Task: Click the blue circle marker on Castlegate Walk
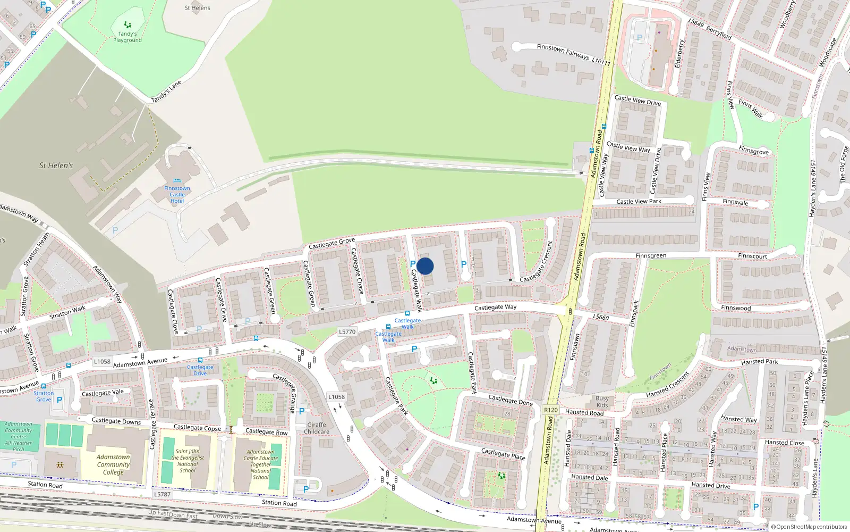point(425,266)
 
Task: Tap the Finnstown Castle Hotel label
point(177,195)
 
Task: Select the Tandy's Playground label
point(127,37)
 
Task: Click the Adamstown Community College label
point(113,464)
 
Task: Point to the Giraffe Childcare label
point(317,428)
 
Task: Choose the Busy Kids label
point(602,402)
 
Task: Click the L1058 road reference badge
point(102,362)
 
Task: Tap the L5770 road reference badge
point(347,332)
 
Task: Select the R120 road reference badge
point(551,410)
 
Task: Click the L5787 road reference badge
point(163,494)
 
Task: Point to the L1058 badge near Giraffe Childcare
point(336,397)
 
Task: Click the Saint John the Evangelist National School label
point(188,461)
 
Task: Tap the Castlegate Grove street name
point(331,243)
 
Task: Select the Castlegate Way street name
point(495,307)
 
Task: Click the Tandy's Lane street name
point(166,92)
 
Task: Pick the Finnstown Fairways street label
point(563,52)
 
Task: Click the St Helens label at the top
point(197,8)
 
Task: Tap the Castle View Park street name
point(639,202)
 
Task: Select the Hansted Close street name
point(784,443)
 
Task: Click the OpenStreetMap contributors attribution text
point(811,527)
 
